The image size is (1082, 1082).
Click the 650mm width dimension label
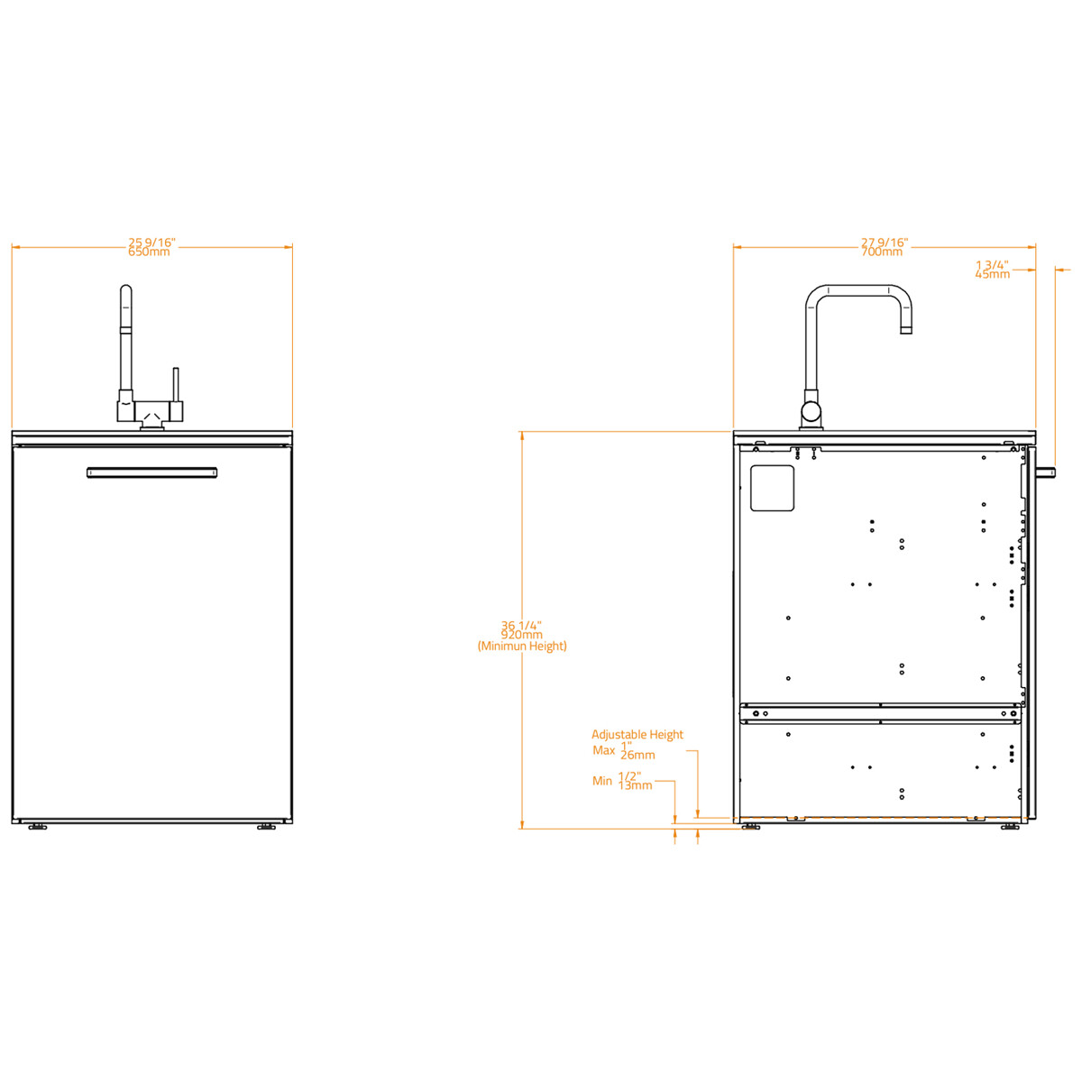149,252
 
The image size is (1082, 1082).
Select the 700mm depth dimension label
881,252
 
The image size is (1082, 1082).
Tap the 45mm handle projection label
992,274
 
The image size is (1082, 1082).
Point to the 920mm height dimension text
521,635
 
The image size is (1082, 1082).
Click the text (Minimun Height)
522,646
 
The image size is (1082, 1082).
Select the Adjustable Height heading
637,735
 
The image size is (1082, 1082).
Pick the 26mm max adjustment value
637,756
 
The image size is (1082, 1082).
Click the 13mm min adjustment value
635,785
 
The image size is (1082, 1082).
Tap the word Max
603,750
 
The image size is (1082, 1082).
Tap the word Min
601,781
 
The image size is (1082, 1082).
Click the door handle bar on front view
151,472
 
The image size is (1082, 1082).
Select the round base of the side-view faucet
811,413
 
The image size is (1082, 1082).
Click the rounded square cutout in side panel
772,488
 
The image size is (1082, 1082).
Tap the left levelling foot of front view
37,827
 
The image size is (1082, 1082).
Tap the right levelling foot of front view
266,827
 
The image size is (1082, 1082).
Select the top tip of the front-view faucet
126,290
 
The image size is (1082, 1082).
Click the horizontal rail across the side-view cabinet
880,714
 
